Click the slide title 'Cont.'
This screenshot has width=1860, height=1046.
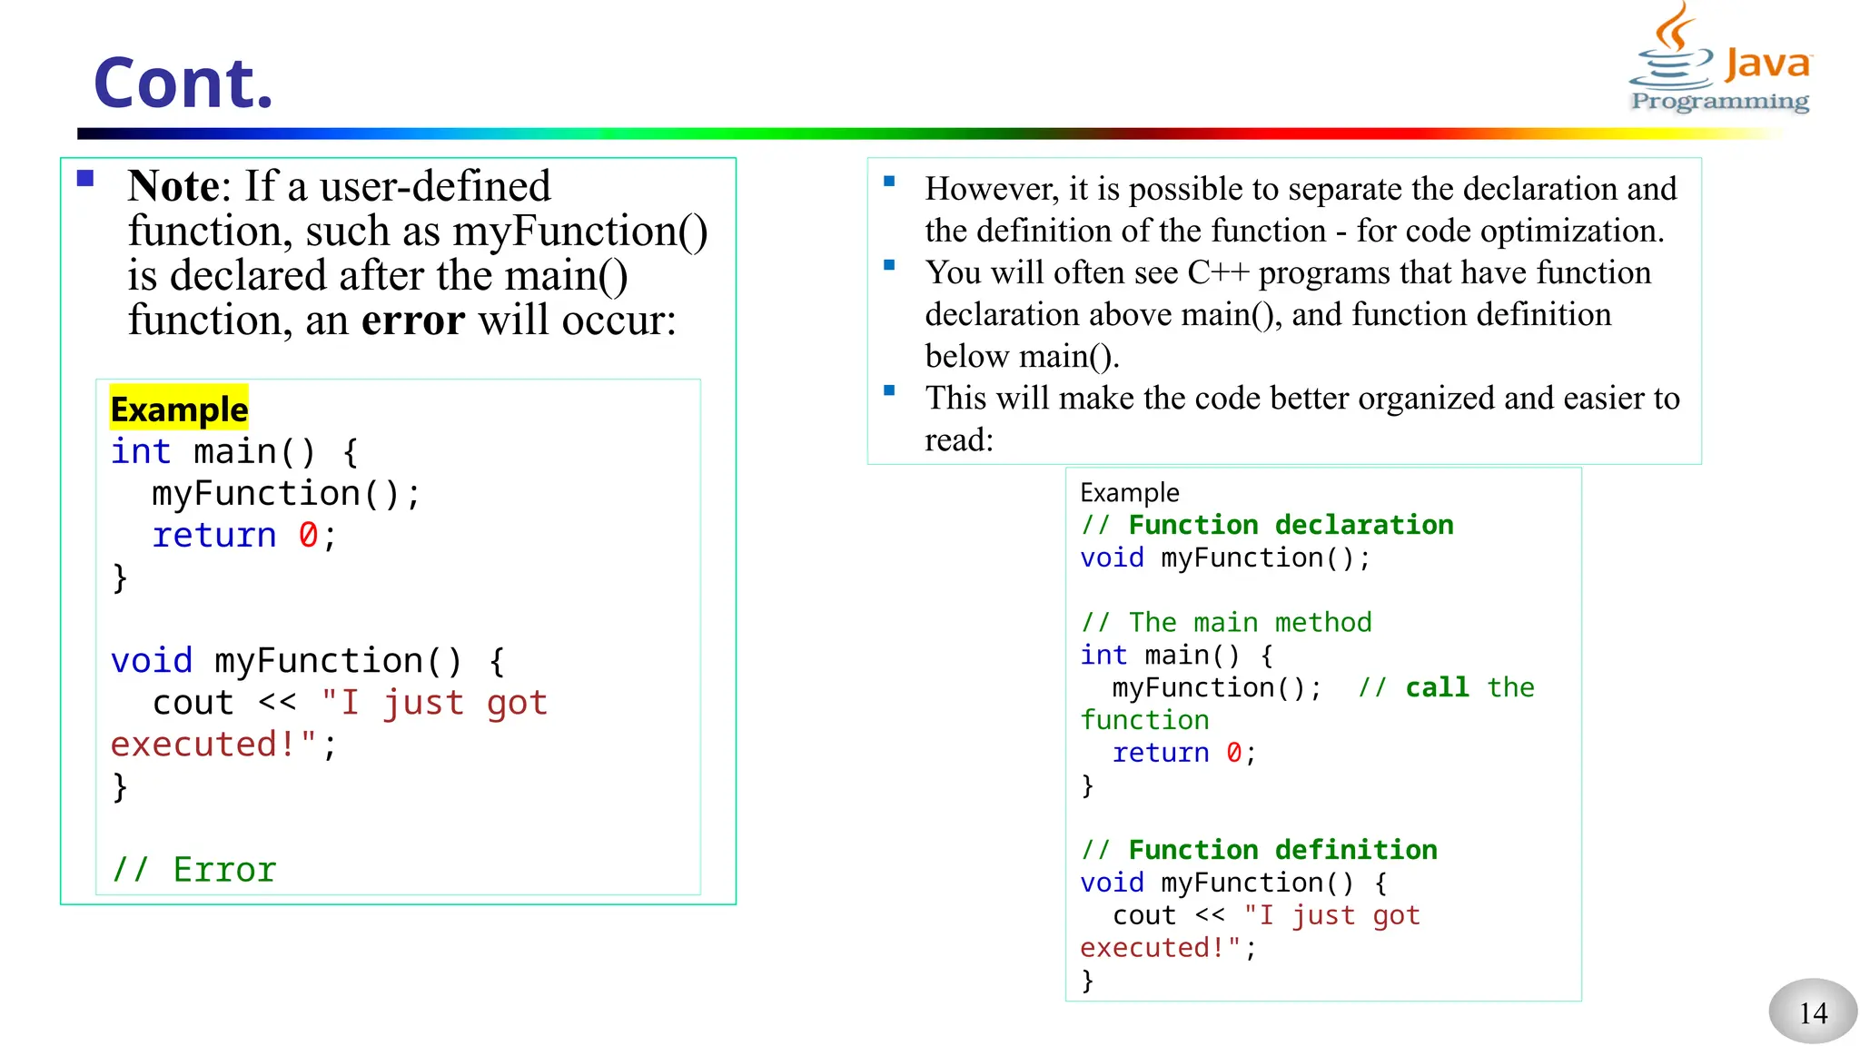click(183, 84)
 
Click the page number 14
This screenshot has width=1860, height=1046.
click(1813, 1012)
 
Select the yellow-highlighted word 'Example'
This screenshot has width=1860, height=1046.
click(179, 410)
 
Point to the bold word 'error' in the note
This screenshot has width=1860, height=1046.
click(413, 321)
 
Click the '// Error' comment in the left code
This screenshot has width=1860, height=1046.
click(193, 870)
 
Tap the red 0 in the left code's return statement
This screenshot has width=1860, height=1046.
click(308, 536)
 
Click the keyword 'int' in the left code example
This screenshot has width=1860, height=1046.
click(140, 452)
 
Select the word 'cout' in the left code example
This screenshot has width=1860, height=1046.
click(193, 703)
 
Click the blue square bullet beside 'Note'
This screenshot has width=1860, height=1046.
click(86, 178)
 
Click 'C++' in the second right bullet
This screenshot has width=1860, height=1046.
click(1218, 272)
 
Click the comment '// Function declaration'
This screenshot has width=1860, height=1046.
click(1267, 525)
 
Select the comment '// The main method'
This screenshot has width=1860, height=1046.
click(1226, 623)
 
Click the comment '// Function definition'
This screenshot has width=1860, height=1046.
click(1259, 850)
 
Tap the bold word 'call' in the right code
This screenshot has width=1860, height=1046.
click(1437, 687)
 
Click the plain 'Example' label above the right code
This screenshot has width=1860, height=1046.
click(1129, 492)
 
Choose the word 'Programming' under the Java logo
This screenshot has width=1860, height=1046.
click(1719, 101)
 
